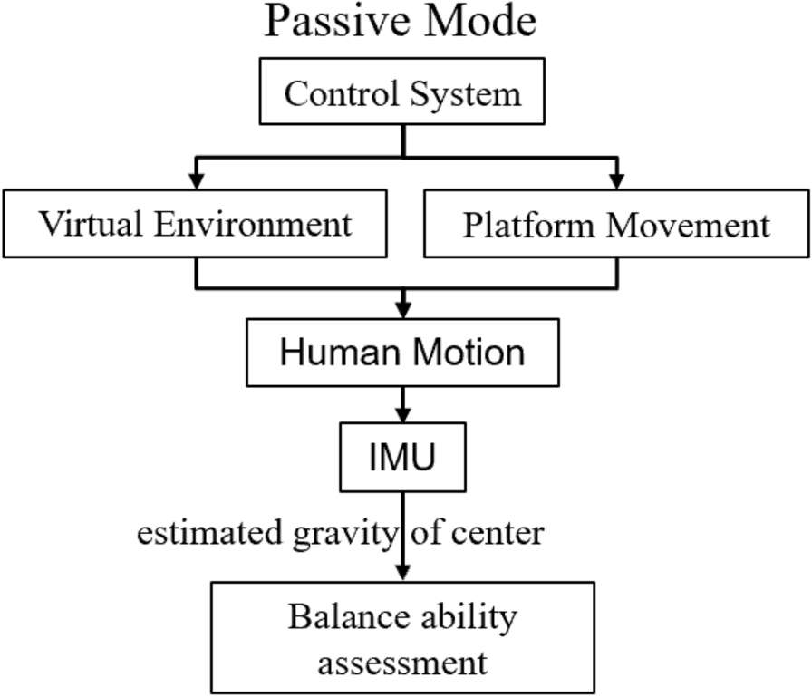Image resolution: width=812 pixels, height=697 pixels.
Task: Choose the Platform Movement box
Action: [x=616, y=223]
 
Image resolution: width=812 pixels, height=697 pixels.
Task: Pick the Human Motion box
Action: [x=402, y=352]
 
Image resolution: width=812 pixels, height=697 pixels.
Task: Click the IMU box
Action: [x=402, y=457]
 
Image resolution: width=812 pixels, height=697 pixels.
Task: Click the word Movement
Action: [x=689, y=224]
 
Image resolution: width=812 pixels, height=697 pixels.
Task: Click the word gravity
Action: [x=351, y=535]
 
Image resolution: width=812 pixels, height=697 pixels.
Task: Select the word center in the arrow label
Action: [x=499, y=534]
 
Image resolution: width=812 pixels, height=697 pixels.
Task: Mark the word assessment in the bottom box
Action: [x=403, y=662]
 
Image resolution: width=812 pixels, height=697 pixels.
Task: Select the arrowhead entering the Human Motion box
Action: [x=403, y=304]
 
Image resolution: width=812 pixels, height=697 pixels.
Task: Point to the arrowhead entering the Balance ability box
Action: [x=403, y=574]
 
